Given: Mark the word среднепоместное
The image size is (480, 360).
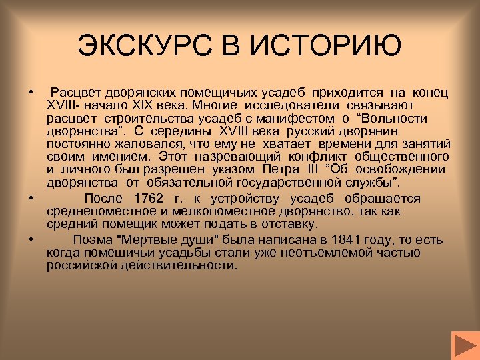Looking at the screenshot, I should tap(97, 211).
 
